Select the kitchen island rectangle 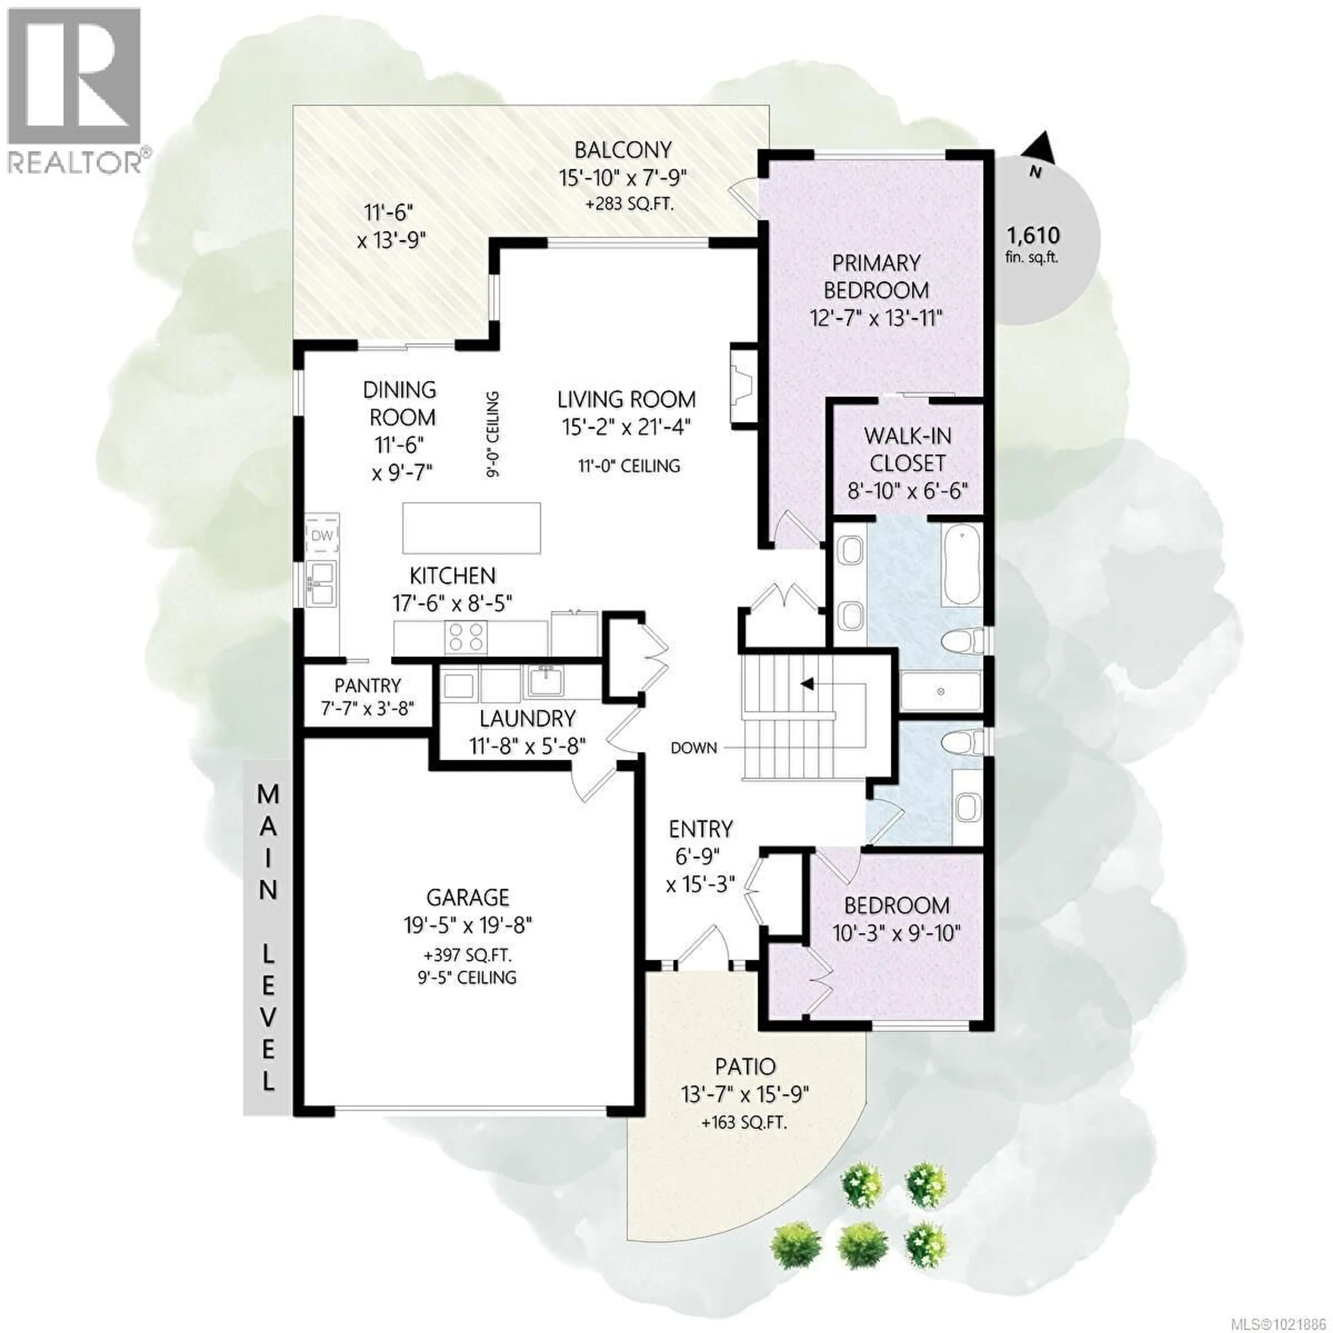tap(471, 528)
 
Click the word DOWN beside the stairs tap(694, 747)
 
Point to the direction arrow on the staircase tap(805, 683)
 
